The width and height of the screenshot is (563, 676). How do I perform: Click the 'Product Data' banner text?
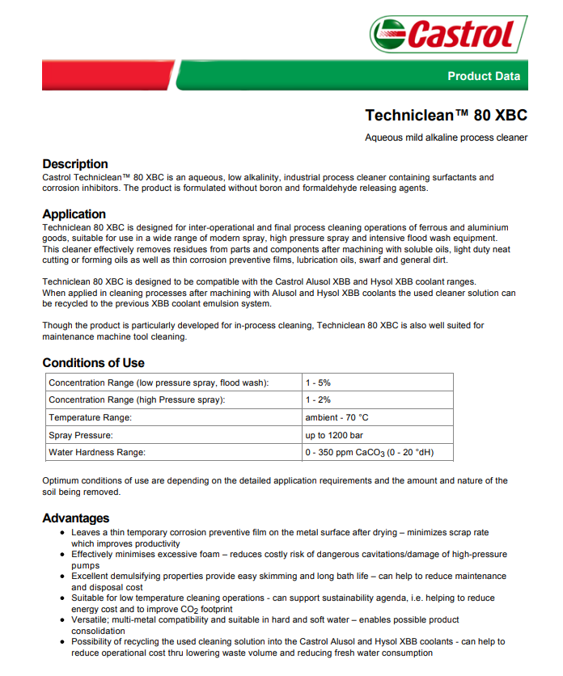click(x=484, y=76)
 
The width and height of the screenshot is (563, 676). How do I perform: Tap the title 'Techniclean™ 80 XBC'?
click(x=446, y=115)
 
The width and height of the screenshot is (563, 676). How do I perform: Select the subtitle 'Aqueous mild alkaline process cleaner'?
click(x=446, y=137)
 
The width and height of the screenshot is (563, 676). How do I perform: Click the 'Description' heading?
click(x=75, y=163)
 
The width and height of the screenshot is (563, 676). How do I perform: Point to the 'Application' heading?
click(x=74, y=214)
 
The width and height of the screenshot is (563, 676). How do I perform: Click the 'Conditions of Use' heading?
click(x=94, y=362)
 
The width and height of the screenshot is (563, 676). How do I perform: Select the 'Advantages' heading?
click(x=76, y=518)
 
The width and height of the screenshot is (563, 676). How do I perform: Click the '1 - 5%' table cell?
click(x=318, y=382)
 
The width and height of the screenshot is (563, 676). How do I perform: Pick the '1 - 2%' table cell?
click(x=318, y=400)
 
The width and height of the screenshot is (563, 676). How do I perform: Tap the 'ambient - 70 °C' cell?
click(x=337, y=417)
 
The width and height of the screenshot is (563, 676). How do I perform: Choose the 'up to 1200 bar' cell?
click(x=334, y=435)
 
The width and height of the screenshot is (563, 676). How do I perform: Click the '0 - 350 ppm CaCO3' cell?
click(x=368, y=453)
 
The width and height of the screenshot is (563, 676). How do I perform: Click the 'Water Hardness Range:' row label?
click(x=97, y=453)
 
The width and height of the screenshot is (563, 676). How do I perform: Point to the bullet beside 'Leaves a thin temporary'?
click(x=62, y=533)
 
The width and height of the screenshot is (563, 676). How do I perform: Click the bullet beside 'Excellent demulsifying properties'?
click(x=62, y=577)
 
